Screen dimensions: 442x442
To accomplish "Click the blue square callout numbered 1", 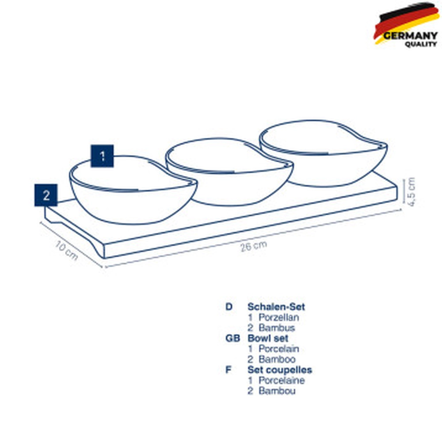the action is (102, 156).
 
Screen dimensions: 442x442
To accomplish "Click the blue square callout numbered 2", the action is (46, 195).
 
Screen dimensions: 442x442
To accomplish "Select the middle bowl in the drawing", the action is (229, 171).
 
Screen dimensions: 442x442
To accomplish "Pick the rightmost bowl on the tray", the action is (324, 153).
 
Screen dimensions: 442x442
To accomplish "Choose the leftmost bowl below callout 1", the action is (133, 190).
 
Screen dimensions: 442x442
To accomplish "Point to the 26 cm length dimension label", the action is (253, 246).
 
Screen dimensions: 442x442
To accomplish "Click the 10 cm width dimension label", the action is (66, 250).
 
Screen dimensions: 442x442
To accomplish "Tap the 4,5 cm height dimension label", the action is (411, 192).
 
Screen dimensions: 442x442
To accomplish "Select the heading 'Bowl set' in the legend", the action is (268, 338).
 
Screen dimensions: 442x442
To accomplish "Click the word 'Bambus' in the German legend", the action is (277, 328).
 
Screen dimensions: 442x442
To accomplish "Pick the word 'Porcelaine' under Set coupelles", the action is (282, 380).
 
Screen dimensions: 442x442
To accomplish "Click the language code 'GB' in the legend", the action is (232, 338).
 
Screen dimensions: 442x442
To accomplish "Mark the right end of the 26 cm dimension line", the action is (400, 209).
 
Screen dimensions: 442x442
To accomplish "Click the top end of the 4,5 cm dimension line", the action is (404, 179).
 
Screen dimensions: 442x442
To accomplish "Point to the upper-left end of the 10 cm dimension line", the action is (41, 222).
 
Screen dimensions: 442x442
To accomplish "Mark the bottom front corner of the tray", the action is (105, 259).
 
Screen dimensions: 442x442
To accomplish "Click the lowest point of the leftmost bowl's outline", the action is (133, 225).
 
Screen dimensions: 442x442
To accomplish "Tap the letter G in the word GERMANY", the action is (387, 36).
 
